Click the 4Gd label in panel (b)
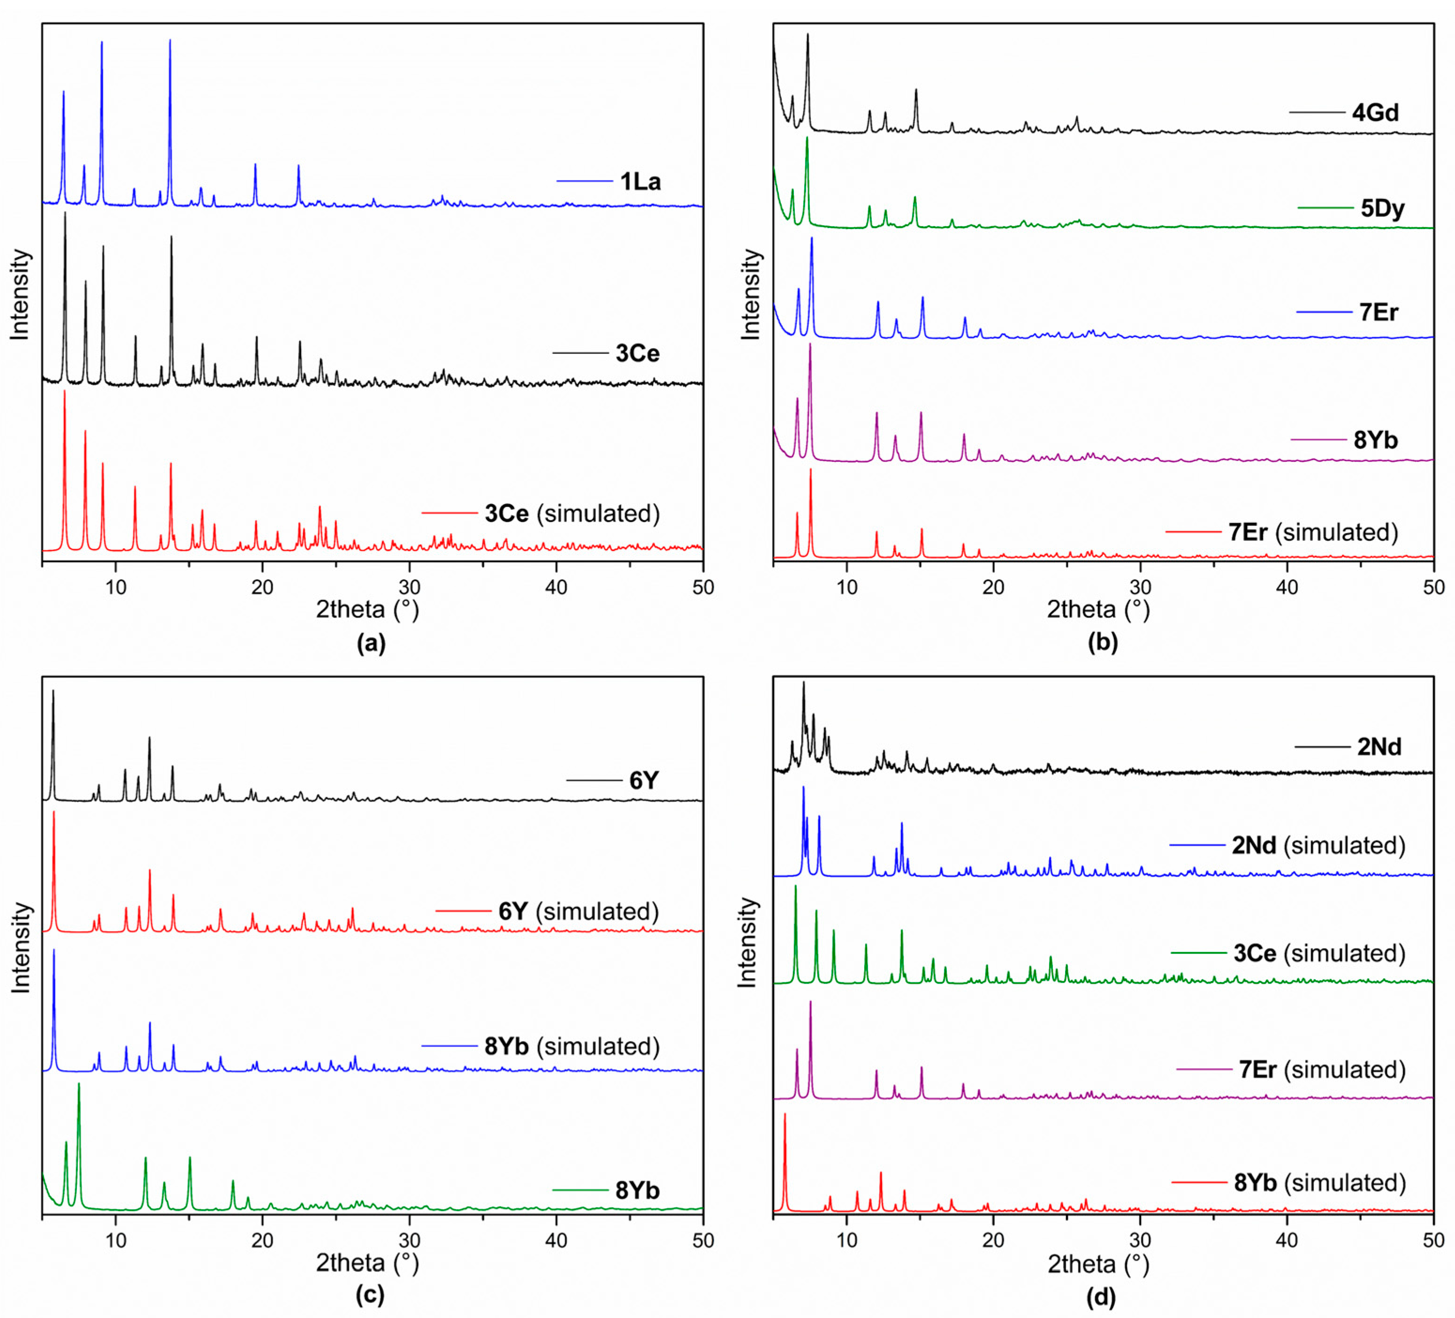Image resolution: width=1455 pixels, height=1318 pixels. [1375, 113]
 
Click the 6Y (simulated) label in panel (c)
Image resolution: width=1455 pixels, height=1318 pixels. [578, 911]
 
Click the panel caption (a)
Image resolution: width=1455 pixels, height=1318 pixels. [371, 643]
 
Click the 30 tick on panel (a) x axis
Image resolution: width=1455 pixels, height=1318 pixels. [409, 587]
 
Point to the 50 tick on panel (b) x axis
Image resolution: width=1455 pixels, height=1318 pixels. [1433, 587]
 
